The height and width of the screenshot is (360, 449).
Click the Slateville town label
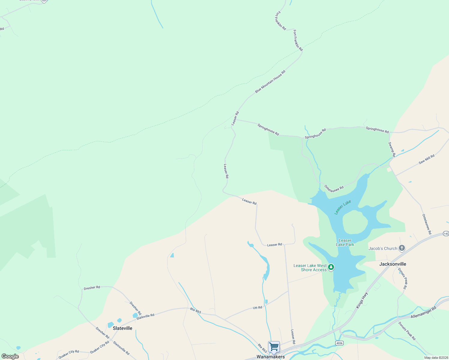pos(122,328)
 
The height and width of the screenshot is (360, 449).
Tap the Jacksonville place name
pos(393,264)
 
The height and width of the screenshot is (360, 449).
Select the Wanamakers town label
pos(270,357)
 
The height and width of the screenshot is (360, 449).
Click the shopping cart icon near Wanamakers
pos(274,347)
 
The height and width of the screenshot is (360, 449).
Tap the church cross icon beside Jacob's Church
pos(402,248)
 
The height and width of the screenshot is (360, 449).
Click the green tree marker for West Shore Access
pos(331,267)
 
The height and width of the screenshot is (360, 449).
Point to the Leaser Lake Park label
pos(345,242)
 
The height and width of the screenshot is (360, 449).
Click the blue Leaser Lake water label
pos(342,207)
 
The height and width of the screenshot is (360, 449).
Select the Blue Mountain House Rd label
pos(270,82)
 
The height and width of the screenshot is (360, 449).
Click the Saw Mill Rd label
pos(426,159)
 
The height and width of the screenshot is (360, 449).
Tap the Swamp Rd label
pos(392,149)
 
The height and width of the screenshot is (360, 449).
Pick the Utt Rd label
pos(257,308)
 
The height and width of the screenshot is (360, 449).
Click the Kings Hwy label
pos(362,300)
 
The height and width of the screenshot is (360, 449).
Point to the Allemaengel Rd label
pos(423,312)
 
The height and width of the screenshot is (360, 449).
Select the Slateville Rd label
pos(145,316)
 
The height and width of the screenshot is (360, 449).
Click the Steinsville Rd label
pos(121,348)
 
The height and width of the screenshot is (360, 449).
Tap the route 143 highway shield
pos(446,234)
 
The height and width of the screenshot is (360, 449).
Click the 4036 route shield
pos(339,343)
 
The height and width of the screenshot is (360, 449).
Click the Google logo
pos(10,356)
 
